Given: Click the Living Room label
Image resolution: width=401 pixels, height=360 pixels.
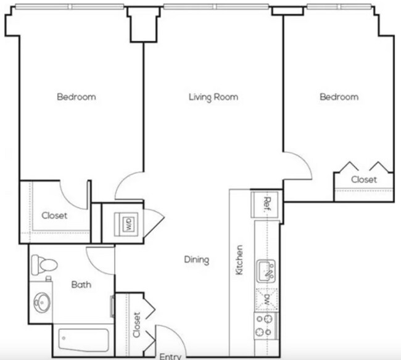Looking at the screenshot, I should pos(213,97).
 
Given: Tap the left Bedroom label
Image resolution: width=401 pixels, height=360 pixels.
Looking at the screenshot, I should pos(76,97).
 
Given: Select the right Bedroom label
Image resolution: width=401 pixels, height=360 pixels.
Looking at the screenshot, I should pos(339,97).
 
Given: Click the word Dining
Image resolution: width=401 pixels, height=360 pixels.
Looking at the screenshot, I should pos(196,260).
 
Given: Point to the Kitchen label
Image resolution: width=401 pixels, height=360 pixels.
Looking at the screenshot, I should pos(239,260).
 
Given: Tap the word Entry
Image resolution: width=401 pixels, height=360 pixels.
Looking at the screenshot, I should pos(170,356).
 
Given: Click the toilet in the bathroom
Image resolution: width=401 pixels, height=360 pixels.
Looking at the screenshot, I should pos(44,265).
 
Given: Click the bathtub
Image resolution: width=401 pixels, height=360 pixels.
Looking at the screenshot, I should pos(83,340).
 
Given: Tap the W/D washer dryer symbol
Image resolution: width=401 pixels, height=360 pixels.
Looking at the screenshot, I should pos(128,222).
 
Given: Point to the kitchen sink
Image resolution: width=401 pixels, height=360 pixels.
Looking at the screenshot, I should pos(267,270).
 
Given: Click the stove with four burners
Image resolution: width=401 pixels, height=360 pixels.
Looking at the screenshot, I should pos(267,325).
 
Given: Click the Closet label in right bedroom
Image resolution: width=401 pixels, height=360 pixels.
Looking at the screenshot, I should pos(363,180).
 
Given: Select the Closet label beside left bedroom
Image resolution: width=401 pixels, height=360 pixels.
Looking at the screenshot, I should pos(54,216).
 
